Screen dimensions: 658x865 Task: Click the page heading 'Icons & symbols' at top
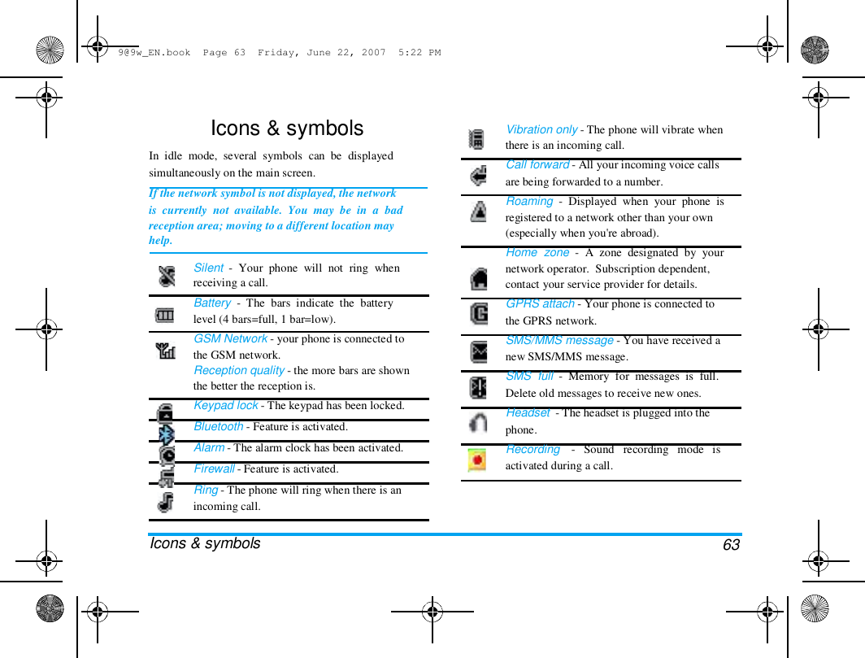pos(287,129)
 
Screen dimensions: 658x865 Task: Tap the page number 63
pos(731,545)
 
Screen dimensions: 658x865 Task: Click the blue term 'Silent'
pos(208,268)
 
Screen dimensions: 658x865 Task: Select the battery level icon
pos(165,315)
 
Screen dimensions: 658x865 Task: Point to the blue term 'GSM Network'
pos(230,338)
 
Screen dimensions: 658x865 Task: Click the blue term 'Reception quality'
pos(239,370)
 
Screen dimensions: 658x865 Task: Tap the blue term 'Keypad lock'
pos(225,405)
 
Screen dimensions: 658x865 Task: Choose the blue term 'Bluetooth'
pos(218,426)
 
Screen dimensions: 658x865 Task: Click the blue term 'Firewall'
pos(214,468)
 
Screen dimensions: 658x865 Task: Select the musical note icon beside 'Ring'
pos(166,502)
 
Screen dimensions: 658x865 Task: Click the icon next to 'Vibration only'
pos(478,139)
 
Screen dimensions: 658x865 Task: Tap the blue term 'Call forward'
pos(537,164)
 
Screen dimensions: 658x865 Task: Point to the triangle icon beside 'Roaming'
pos(479,211)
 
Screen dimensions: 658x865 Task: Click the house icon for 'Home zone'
pos(479,279)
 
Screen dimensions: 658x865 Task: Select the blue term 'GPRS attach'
pos(540,303)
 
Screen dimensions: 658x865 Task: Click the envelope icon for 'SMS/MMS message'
pos(479,352)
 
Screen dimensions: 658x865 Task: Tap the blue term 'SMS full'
pos(529,376)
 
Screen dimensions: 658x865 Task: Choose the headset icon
pos(479,422)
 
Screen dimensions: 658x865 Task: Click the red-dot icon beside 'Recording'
pos(477,460)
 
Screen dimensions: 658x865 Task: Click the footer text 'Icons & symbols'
pos(206,543)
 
